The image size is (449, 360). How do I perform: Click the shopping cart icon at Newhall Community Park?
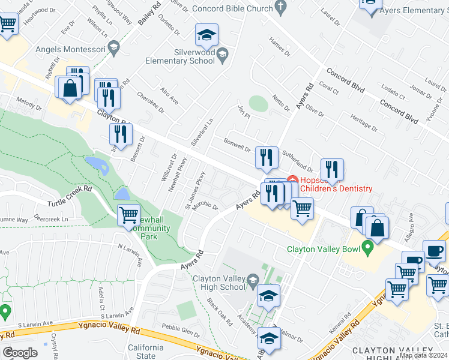tap(129, 215)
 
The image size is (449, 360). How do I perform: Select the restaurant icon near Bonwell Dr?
tap(266, 158)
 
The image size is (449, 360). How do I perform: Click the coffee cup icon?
tap(433, 251)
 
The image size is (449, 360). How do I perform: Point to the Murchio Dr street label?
tap(205, 206)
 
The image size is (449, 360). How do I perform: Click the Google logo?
tap(20, 352)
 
